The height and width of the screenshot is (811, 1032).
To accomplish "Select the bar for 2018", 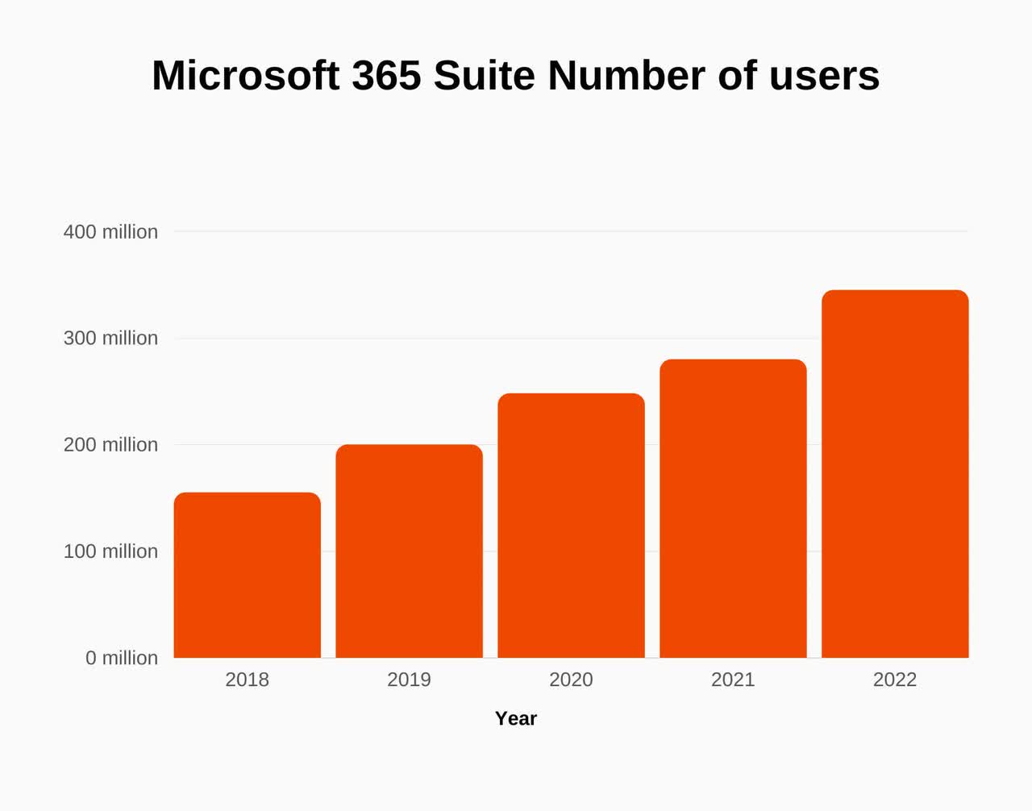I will [x=248, y=575].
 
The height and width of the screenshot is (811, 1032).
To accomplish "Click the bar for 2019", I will [x=410, y=551].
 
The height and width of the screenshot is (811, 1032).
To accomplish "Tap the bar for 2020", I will [x=571, y=526].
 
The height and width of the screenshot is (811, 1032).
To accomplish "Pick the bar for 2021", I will [x=733, y=508].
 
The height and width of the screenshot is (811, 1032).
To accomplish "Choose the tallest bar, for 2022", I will [x=895, y=474].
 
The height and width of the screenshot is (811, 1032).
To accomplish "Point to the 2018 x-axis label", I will [x=248, y=680].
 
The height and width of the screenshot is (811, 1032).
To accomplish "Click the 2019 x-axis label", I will [x=410, y=680].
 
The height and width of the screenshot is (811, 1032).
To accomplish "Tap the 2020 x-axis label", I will [x=571, y=680].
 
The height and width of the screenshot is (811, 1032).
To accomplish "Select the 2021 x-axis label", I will [x=733, y=680].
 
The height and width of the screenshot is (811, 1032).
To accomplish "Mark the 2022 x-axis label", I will [x=895, y=680].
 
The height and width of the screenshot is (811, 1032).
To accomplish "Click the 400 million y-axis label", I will [x=110, y=232].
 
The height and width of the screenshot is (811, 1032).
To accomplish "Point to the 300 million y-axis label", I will [x=110, y=338].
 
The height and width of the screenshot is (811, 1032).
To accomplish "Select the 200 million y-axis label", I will [x=110, y=445].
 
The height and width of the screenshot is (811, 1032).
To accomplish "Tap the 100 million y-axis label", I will [x=110, y=551].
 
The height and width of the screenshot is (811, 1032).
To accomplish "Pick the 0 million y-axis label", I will [x=122, y=658].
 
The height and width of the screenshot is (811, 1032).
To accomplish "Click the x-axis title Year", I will [x=516, y=718].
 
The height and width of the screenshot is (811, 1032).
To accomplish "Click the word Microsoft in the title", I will [x=245, y=76].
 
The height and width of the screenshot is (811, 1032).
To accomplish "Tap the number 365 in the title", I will [x=386, y=76].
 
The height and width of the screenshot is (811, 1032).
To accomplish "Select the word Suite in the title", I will [x=485, y=76].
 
